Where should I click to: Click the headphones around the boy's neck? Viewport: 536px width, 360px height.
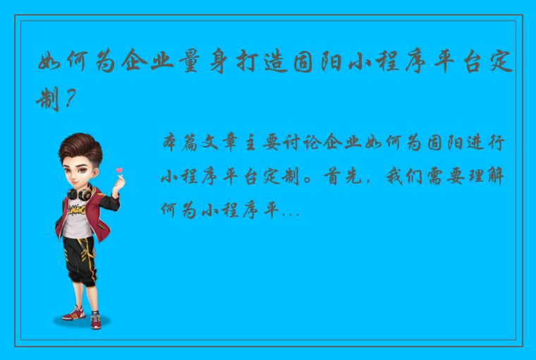78,193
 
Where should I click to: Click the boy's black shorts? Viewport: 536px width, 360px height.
78,254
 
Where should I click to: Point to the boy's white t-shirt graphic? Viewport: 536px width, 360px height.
76,212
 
